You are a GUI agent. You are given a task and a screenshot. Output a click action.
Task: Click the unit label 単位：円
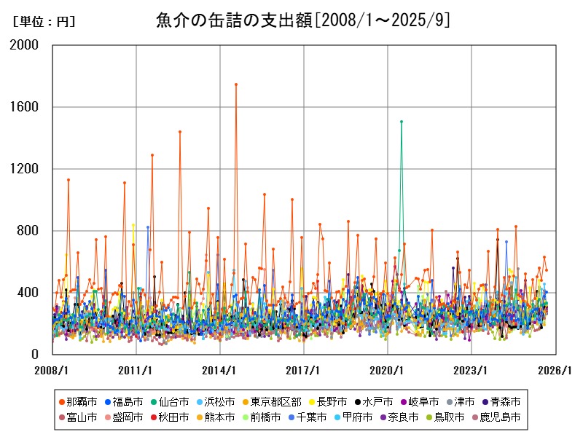coord(44,22)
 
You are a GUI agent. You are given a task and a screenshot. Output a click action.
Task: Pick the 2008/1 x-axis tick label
coord(52,370)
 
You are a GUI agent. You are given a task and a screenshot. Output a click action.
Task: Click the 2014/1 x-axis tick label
coord(219,370)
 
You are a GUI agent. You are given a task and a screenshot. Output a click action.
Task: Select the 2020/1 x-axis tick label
coord(387,370)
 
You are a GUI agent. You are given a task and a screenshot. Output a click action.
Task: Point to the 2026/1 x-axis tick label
coord(555,370)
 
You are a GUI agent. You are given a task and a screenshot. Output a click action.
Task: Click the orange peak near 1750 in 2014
coord(236,84)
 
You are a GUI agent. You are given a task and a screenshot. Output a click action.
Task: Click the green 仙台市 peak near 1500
coord(402,122)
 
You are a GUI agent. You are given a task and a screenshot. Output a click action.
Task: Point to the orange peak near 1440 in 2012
coord(180,132)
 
